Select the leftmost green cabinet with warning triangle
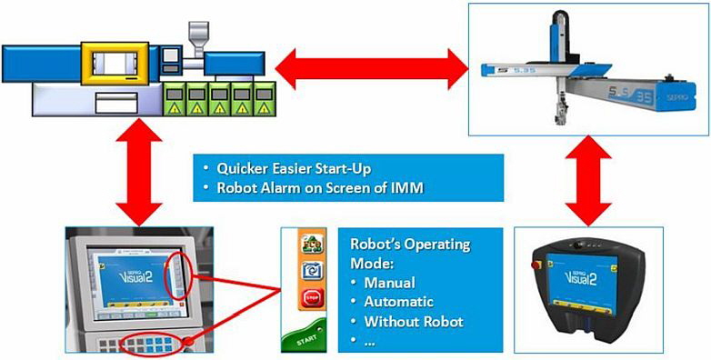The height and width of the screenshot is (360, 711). point(175,98)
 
